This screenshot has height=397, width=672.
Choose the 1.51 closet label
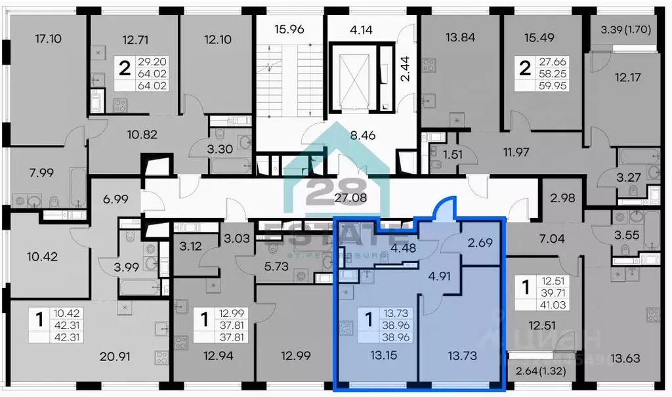(450, 156)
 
